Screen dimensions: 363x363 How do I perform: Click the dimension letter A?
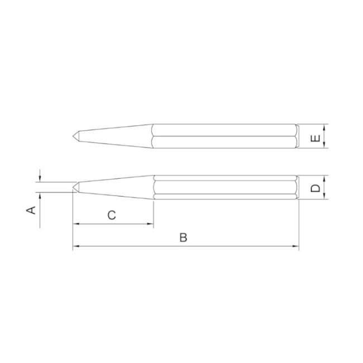click(x=31, y=210)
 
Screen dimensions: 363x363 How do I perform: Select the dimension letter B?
click(x=183, y=237)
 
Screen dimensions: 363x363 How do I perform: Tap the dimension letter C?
click(x=112, y=215)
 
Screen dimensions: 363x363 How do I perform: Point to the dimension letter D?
click(x=315, y=188)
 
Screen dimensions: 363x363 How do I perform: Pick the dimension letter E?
click(x=315, y=138)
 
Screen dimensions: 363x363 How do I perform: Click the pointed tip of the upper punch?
click(x=73, y=136)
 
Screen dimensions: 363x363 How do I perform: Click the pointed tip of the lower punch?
click(x=73, y=187)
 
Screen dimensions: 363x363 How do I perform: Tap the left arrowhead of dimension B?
click(x=76, y=246)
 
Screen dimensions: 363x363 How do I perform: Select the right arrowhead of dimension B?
click(x=295, y=246)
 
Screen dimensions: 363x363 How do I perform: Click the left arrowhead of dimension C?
click(x=76, y=224)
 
